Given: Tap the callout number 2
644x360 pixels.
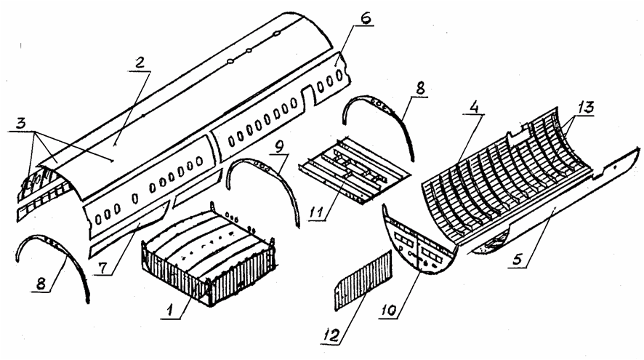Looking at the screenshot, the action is coord(140,63).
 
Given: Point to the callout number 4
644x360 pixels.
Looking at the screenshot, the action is coord(474,107).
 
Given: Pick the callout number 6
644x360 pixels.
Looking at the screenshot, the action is coord(365,18).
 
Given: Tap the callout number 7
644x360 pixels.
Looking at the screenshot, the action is coord(102,268).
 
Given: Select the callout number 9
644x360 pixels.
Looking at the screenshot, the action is coord(280,147).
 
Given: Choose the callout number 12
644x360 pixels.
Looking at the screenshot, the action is coord(331,335).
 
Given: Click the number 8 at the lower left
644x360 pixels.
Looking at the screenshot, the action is coord(41,284).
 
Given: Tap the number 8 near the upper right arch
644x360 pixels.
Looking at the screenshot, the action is coord(419,89).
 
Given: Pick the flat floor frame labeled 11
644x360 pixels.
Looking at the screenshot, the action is coord(354,169).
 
